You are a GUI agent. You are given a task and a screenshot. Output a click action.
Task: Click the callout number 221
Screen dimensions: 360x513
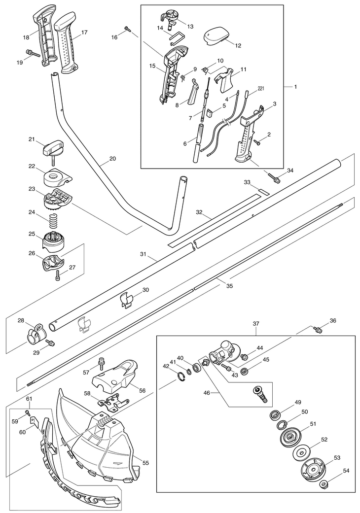click(260, 88)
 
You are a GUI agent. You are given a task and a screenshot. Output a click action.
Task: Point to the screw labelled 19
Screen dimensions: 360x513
click(32, 53)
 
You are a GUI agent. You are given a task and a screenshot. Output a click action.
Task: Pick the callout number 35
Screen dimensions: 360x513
click(229, 286)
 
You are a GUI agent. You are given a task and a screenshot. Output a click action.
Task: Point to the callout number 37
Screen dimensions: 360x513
click(256, 324)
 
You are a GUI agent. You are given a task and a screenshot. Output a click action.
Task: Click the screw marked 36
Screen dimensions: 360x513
click(317, 330)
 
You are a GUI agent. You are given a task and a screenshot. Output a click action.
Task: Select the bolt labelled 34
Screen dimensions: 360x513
click(274, 177)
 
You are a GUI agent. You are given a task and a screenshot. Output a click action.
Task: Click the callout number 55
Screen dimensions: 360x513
click(145, 463)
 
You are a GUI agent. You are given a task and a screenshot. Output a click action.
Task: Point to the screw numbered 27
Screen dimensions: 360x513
click(58, 274)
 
